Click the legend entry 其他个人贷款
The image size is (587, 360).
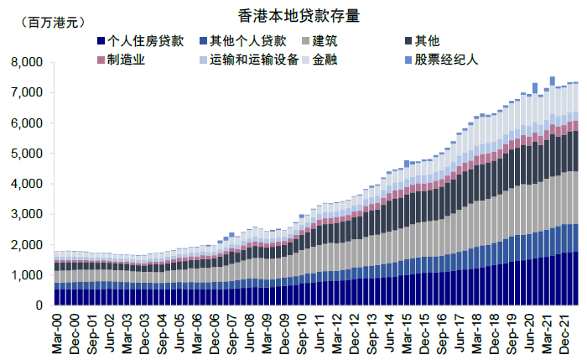pos(247,41)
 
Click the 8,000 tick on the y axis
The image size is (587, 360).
pos(26,62)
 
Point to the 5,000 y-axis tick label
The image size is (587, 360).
pos(26,154)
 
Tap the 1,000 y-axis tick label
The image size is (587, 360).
pos(26,275)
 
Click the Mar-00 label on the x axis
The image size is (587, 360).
pos(57,331)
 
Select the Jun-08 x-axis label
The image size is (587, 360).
pos(249,331)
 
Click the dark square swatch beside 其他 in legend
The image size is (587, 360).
pos(408,41)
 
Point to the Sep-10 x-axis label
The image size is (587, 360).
pos(301,331)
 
